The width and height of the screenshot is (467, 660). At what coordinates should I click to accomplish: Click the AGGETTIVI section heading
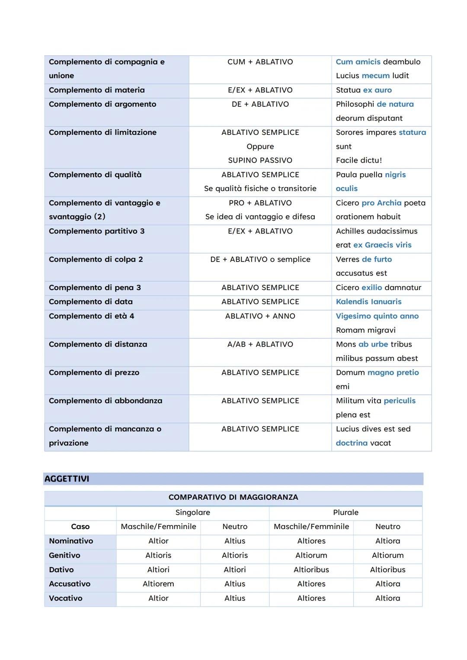click(x=67, y=479)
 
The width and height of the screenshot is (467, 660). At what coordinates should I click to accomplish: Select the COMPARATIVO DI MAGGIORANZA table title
click(x=233, y=497)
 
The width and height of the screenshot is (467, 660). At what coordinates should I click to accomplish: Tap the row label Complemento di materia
click(x=97, y=90)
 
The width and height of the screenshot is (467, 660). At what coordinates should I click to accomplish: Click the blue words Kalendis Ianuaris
click(x=368, y=302)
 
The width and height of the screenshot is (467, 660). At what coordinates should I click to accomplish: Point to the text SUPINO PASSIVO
click(x=260, y=160)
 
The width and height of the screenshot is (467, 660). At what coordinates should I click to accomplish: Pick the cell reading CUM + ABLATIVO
click(x=260, y=62)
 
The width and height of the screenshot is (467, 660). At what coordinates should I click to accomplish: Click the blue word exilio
click(x=371, y=287)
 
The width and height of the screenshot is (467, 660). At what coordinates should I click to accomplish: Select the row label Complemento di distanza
click(x=98, y=344)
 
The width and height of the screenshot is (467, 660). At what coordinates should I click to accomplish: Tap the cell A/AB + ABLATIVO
click(x=260, y=344)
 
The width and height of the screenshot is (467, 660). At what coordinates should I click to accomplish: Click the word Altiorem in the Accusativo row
click(x=158, y=584)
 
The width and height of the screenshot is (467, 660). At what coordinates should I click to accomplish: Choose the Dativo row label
click(x=61, y=570)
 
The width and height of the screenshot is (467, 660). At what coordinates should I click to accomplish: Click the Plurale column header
click(x=345, y=513)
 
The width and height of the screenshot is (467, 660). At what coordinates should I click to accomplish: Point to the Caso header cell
click(x=80, y=527)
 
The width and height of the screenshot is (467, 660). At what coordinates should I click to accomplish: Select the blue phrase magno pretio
click(x=393, y=373)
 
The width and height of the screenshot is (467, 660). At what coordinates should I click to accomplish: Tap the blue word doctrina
click(x=352, y=443)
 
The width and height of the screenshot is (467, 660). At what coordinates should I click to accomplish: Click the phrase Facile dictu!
click(x=359, y=160)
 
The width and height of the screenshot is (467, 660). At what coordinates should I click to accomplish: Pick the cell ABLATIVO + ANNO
click(x=260, y=316)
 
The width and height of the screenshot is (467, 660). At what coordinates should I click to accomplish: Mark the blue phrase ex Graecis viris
click(x=382, y=245)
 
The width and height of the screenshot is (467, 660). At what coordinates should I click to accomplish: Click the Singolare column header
click(x=192, y=513)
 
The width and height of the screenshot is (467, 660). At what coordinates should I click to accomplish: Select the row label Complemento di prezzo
click(x=94, y=373)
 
